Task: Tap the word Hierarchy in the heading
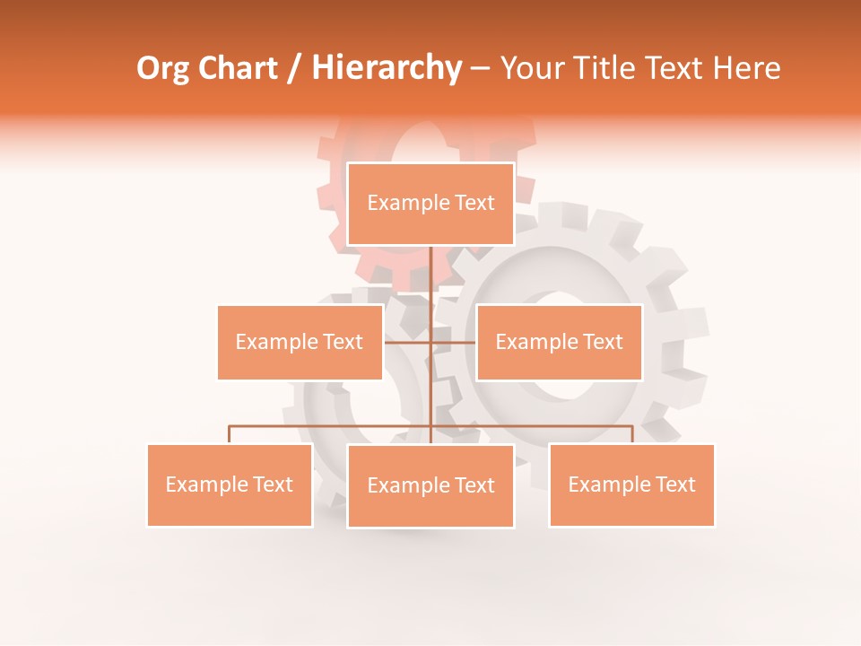[x=386, y=68]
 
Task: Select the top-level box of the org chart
[x=430, y=205]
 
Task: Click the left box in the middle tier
[x=300, y=342]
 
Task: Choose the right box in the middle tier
[x=559, y=342]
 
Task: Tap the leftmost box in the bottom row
[x=230, y=484]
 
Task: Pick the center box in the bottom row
[x=430, y=485]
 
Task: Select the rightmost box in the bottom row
[x=631, y=484]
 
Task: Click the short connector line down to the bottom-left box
[x=230, y=434]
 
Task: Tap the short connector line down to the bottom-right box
[x=632, y=434]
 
